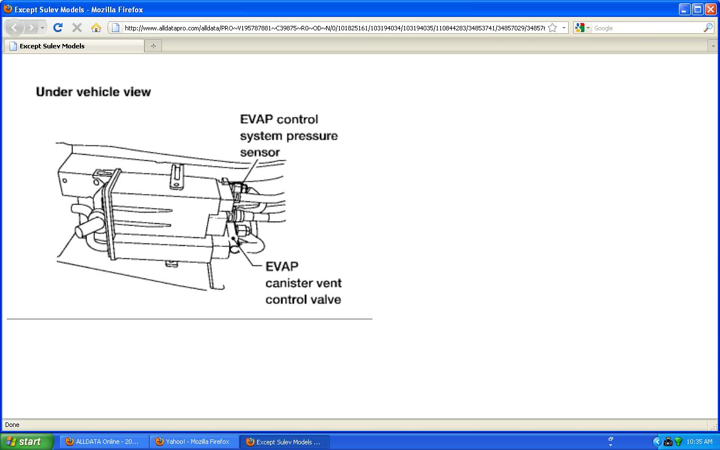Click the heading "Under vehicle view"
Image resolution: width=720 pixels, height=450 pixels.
pos(93,92)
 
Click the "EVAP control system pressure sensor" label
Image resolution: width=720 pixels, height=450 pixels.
pos(289,136)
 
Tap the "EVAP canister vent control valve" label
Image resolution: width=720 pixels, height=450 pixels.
pos(303,283)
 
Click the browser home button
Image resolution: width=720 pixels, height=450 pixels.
pos(96,28)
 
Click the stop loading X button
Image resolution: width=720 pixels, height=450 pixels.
pos(77,28)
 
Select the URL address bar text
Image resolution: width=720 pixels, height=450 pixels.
pos(334,28)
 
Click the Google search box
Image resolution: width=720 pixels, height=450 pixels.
pos(647,28)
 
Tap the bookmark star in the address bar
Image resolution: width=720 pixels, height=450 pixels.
pos(552,28)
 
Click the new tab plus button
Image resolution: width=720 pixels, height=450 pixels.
pos(153,46)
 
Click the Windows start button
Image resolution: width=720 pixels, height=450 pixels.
pos(26,442)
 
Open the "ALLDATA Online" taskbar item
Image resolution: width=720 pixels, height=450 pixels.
pos(105,442)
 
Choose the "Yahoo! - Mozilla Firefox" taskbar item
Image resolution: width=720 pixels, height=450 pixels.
pos(195,442)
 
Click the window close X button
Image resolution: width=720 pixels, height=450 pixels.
pos(710,9)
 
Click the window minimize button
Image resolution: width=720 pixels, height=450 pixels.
pos(685,9)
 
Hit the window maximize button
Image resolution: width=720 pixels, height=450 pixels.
pos(697,9)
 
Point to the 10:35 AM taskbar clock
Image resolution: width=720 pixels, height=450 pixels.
pos(699,442)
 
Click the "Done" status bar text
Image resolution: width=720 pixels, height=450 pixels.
pos(12,425)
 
